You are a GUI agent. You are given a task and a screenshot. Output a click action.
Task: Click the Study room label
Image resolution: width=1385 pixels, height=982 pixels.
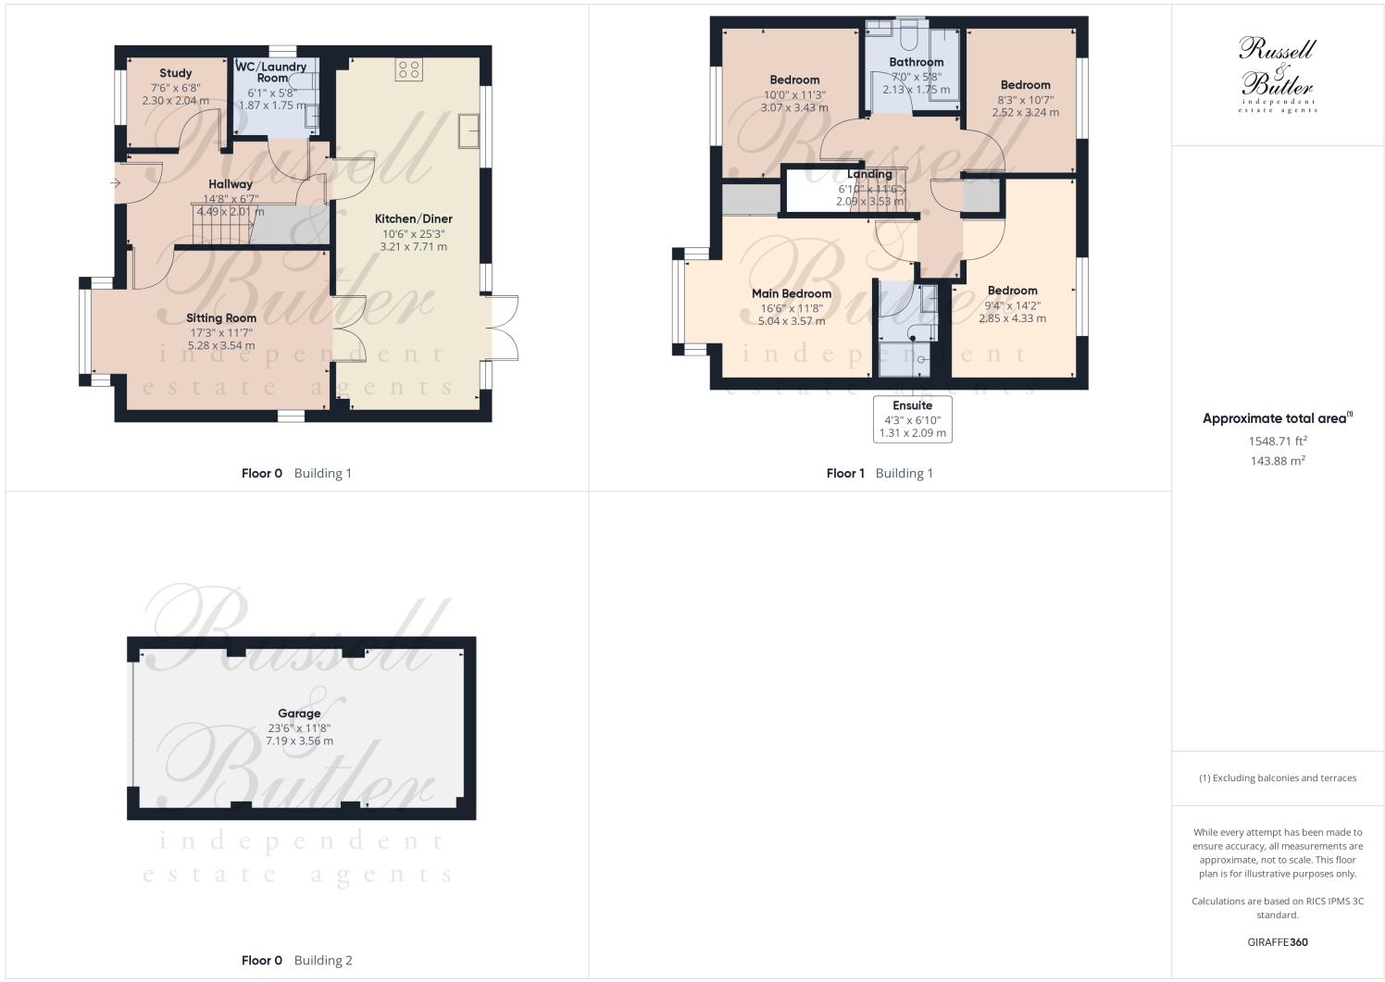tap(175, 73)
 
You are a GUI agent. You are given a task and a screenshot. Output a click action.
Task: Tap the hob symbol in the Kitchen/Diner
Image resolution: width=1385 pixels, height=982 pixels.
tap(408, 68)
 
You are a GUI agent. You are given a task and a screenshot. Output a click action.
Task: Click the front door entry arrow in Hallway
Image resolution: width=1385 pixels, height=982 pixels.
tap(115, 183)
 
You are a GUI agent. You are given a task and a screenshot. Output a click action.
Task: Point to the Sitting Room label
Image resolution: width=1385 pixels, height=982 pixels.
tap(221, 318)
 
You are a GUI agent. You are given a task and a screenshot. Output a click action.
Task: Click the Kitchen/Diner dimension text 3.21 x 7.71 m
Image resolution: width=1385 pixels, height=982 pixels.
tap(413, 247)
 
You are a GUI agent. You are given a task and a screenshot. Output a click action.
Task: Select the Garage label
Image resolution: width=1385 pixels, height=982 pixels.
tap(299, 714)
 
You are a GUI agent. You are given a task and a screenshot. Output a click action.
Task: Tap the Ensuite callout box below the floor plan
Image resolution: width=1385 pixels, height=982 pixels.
tap(912, 419)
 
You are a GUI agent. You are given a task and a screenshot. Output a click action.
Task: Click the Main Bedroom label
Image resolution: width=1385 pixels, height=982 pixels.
tap(791, 293)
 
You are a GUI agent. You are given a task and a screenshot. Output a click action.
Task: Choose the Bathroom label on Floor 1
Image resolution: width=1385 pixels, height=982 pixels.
tap(916, 62)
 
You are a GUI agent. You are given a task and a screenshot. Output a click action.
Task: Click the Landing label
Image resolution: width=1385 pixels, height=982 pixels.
tap(869, 174)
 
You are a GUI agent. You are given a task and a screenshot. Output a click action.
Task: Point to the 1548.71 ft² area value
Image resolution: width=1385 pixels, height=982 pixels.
tap(1278, 441)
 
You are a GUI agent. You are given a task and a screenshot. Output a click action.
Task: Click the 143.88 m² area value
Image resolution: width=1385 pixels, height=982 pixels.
tap(1278, 461)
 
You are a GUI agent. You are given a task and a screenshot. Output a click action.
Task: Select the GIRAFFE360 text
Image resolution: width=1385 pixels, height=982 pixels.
tap(1278, 942)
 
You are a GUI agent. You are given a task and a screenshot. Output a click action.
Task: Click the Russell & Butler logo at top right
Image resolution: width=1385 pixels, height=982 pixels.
tap(1278, 74)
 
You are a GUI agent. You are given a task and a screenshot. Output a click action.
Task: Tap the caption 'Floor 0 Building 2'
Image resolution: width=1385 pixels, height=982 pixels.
tap(296, 960)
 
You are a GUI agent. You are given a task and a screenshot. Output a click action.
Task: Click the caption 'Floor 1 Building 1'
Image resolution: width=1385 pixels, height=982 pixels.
tap(880, 473)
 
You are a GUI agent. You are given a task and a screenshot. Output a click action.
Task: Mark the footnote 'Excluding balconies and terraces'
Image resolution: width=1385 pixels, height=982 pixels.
tap(1278, 777)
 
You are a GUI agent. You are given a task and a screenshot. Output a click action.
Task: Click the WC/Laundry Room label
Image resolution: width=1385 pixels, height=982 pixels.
tap(271, 72)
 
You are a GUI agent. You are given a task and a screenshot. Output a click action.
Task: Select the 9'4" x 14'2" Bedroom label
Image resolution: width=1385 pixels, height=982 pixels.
tap(1012, 291)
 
